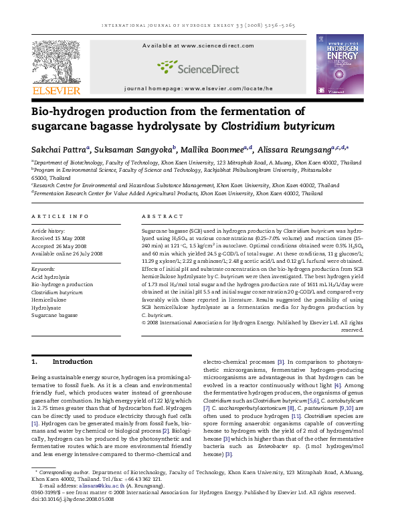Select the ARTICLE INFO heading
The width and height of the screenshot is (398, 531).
coord(60,217)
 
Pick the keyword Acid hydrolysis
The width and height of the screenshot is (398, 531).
coord(50,276)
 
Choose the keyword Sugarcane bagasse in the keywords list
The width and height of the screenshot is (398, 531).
coord(56,314)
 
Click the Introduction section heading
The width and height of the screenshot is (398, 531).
coord(72,362)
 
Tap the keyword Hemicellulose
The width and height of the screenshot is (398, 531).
coord(50,299)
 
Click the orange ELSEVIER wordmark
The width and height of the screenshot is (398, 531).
coord(56,90)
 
